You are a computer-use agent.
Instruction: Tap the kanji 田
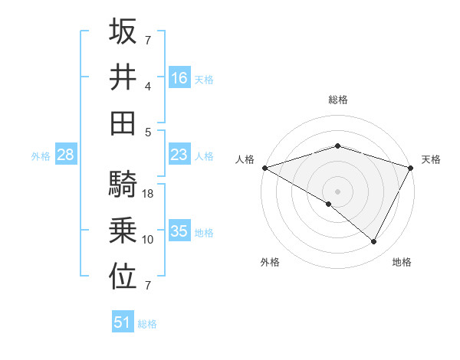123,123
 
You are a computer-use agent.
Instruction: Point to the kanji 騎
123,184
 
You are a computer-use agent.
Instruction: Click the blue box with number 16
179,77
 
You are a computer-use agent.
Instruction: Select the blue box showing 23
179,155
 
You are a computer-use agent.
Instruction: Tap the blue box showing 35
179,231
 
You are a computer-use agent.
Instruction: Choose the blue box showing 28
66,155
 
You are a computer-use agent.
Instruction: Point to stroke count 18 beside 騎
149,194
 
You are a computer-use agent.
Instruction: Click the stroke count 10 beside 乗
148,240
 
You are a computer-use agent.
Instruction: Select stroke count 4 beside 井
148,85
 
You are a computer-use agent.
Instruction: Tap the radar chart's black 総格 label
337,100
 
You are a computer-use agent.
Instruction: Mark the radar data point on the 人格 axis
264,168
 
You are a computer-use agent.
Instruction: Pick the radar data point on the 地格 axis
374,242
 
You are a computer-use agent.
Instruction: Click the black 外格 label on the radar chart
270,263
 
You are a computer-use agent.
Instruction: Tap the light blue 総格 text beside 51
147,324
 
